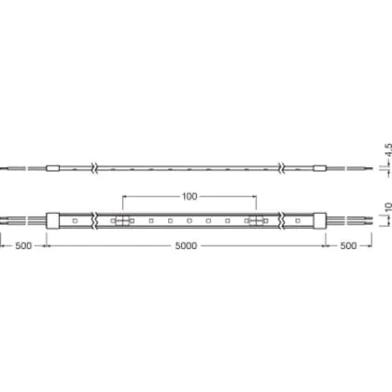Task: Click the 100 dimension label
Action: pos(189,197)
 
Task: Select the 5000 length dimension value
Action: pos(186,245)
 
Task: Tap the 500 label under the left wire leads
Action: pos(23,245)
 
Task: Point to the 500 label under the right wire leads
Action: pos(348,245)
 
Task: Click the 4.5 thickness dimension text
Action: pos(388,150)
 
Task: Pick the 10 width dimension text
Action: pos(388,207)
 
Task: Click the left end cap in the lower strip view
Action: pos(52,221)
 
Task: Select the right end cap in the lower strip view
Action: pos(319,221)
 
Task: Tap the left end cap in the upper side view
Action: pos(52,168)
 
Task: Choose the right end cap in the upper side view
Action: pos(319,168)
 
